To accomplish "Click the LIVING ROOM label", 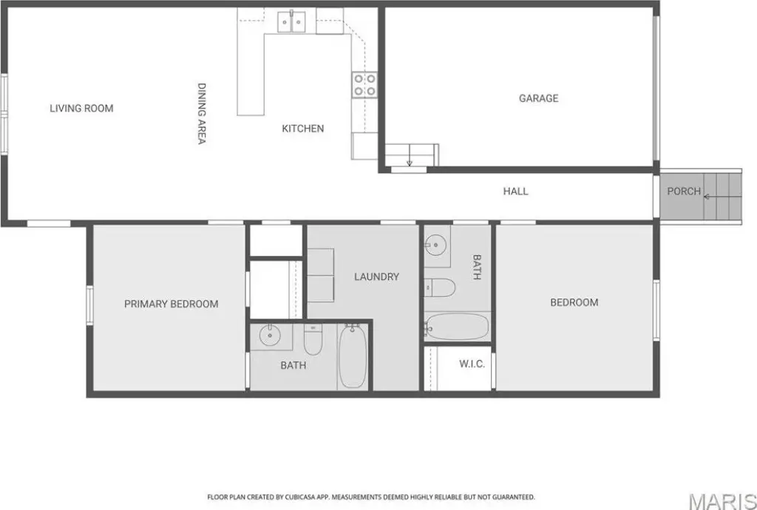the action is tap(81, 108).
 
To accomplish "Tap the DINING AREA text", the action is tap(201, 113).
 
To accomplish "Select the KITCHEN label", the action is tap(302, 129).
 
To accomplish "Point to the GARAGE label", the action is tap(538, 98).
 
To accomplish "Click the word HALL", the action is tap(515, 191).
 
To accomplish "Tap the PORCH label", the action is tap(684, 191).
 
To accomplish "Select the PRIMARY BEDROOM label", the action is tap(172, 304).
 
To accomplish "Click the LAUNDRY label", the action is tap(376, 276).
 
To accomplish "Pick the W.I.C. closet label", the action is tap(472, 364).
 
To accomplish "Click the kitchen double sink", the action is tap(291, 21).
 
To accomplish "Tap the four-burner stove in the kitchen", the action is tap(364, 85).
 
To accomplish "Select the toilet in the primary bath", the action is tap(313, 339).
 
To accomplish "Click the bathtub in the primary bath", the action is tap(353, 356).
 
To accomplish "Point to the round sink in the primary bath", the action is tap(269, 336).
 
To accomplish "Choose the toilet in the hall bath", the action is tap(440, 288).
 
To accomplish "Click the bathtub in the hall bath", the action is tap(457, 327).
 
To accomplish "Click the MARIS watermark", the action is tap(722, 500).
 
